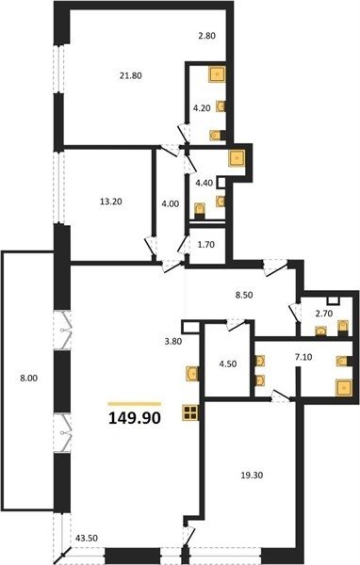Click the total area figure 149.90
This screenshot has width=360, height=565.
click(135, 418)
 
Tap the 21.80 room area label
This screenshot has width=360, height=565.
click(130, 75)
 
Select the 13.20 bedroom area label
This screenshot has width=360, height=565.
click(111, 202)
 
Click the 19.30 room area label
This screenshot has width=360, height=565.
click(252, 476)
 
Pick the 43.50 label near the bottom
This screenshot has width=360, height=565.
click(86, 539)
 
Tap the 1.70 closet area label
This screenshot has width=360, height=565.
click(205, 245)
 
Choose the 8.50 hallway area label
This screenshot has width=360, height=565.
click(243, 295)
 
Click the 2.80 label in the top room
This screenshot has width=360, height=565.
click(206, 36)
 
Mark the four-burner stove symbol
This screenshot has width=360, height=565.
click(189, 412)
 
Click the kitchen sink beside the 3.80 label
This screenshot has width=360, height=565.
click(191, 374)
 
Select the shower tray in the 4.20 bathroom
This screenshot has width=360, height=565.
click(217, 74)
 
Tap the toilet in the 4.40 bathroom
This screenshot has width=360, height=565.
click(199, 210)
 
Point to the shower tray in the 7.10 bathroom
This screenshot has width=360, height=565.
click(345, 388)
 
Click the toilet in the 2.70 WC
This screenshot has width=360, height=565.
click(343, 327)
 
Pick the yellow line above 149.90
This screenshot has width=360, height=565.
click(135, 404)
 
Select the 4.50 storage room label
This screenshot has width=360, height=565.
click(228, 363)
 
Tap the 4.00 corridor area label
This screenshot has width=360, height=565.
click(171, 204)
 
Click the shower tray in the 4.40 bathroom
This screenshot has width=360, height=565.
click(237, 158)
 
